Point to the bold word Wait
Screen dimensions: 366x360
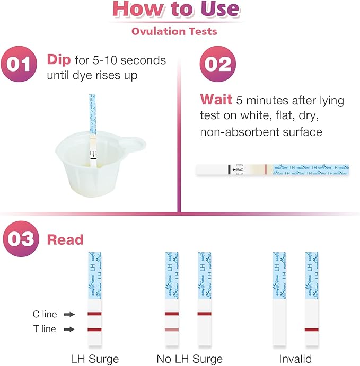pos(216,99)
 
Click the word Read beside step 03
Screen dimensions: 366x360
pos(65,239)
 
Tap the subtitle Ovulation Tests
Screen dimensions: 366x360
pos(174,31)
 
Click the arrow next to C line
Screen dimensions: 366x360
pos(69,314)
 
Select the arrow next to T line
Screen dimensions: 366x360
pos(69,329)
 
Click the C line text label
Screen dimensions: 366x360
pos(45,314)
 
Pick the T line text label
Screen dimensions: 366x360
pos(45,329)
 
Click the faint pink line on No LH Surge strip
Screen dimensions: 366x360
pos(172,329)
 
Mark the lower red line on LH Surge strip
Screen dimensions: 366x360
pos(94,329)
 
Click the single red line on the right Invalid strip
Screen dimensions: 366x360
pos(312,329)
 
